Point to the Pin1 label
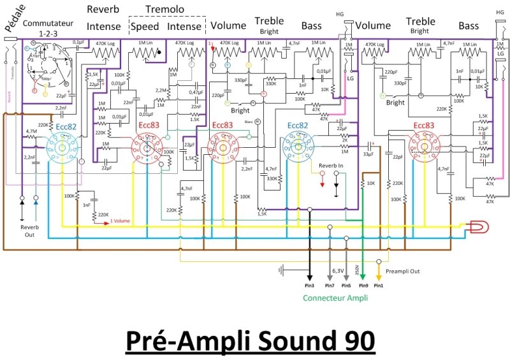click(x=379, y=285)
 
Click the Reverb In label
click(x=331, y=164)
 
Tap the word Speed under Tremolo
click(x=145, y=27)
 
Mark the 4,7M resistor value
click(x=31, y=132)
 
